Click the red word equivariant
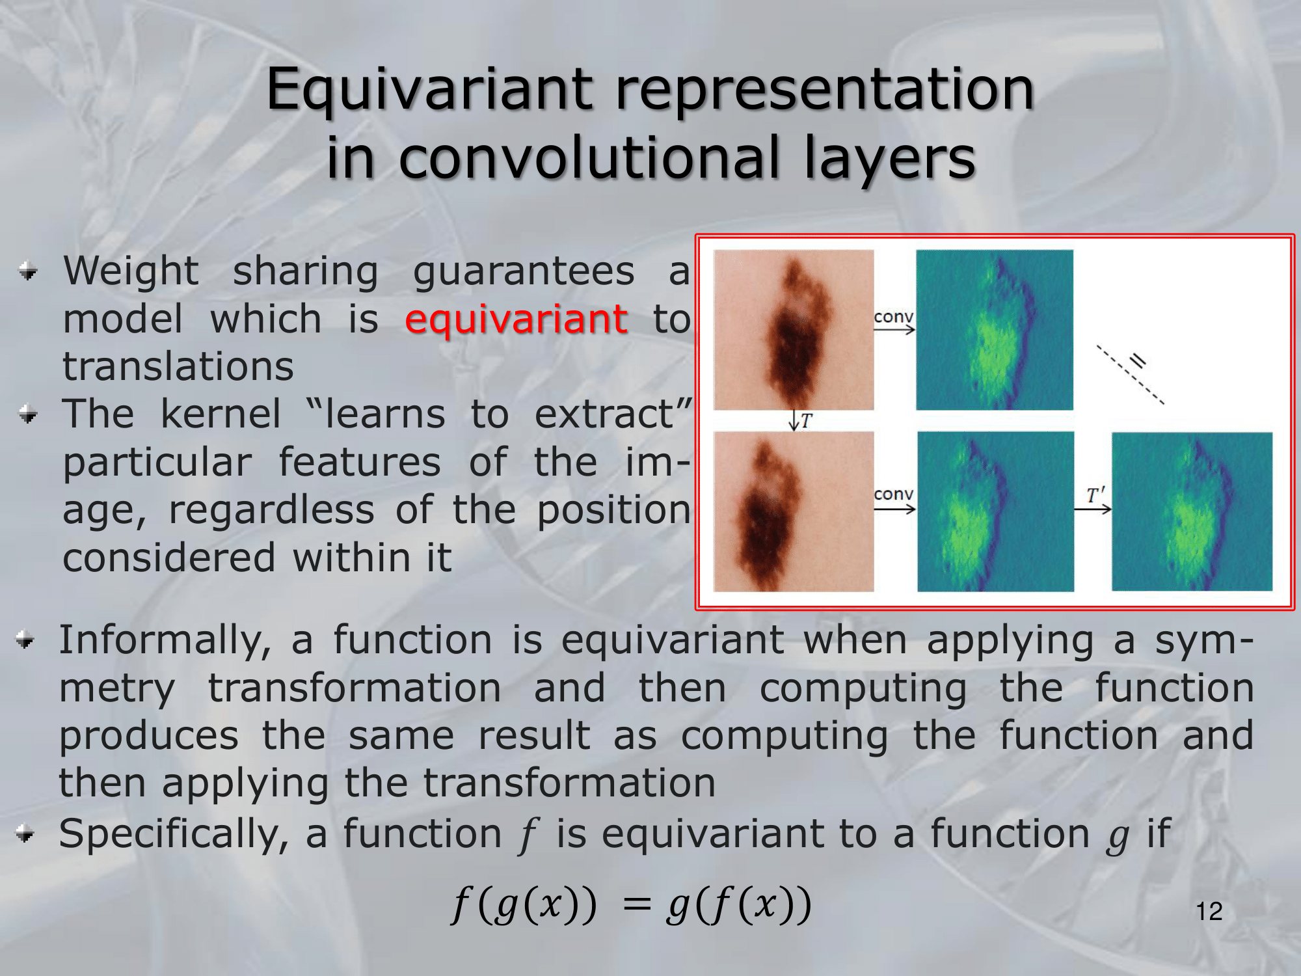[516, 320]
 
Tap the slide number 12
[1209, 912]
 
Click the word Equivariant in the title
[430, 91]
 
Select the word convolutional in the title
[589, 157]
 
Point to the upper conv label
[894, 316]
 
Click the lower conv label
[894, 494]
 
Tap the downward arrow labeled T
[794, 420]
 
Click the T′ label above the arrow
[1095, 495]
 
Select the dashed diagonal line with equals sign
[1130, 375]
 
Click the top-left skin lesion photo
[794, 330]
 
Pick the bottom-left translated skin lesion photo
[794, 511]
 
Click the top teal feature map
[995, 330]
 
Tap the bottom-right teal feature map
[1192, 511]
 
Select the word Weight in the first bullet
[131, 271]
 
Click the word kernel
[221, 414]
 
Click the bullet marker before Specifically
[25, 834]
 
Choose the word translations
[178, 366]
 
